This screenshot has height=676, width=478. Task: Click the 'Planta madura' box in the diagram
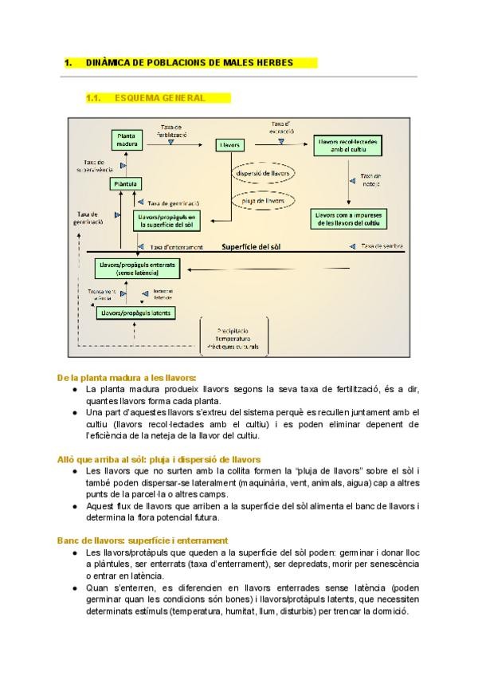coord(127,140)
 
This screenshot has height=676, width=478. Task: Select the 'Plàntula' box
coord(126,184)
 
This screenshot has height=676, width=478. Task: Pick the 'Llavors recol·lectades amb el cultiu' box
coord(348,145)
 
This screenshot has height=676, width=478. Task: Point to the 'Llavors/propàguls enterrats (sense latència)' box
coord(138,269)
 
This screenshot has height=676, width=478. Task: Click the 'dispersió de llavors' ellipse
coord(262,173)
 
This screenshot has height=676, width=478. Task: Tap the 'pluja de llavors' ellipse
coord(262,202)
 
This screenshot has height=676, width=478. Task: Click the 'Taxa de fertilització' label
coord(172,132)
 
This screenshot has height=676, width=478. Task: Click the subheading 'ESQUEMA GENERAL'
coord(159,98)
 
